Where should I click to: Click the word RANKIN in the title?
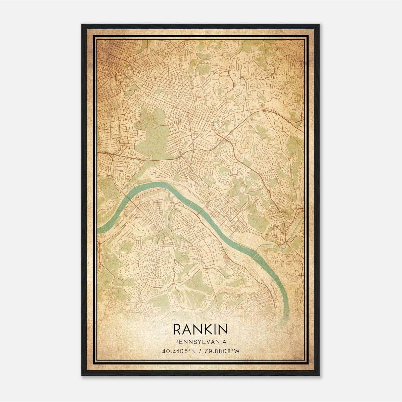coord(200,329)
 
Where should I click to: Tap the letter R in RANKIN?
coord(177,329)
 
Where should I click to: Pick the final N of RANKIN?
coord(223,329)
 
